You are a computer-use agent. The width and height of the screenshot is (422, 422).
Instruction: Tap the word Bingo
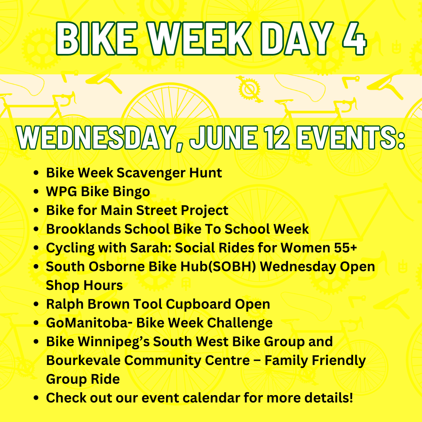pos(131,191)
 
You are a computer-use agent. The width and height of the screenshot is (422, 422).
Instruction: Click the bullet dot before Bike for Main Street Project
pos(36,211)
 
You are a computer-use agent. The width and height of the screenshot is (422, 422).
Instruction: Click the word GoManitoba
pos(88,323)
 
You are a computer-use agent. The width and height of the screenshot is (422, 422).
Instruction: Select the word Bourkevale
pos(83,360)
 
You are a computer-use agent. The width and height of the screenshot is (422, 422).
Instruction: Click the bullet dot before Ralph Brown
pos(36,304)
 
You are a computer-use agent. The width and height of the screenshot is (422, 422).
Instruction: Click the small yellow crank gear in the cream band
pos(249,89)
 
